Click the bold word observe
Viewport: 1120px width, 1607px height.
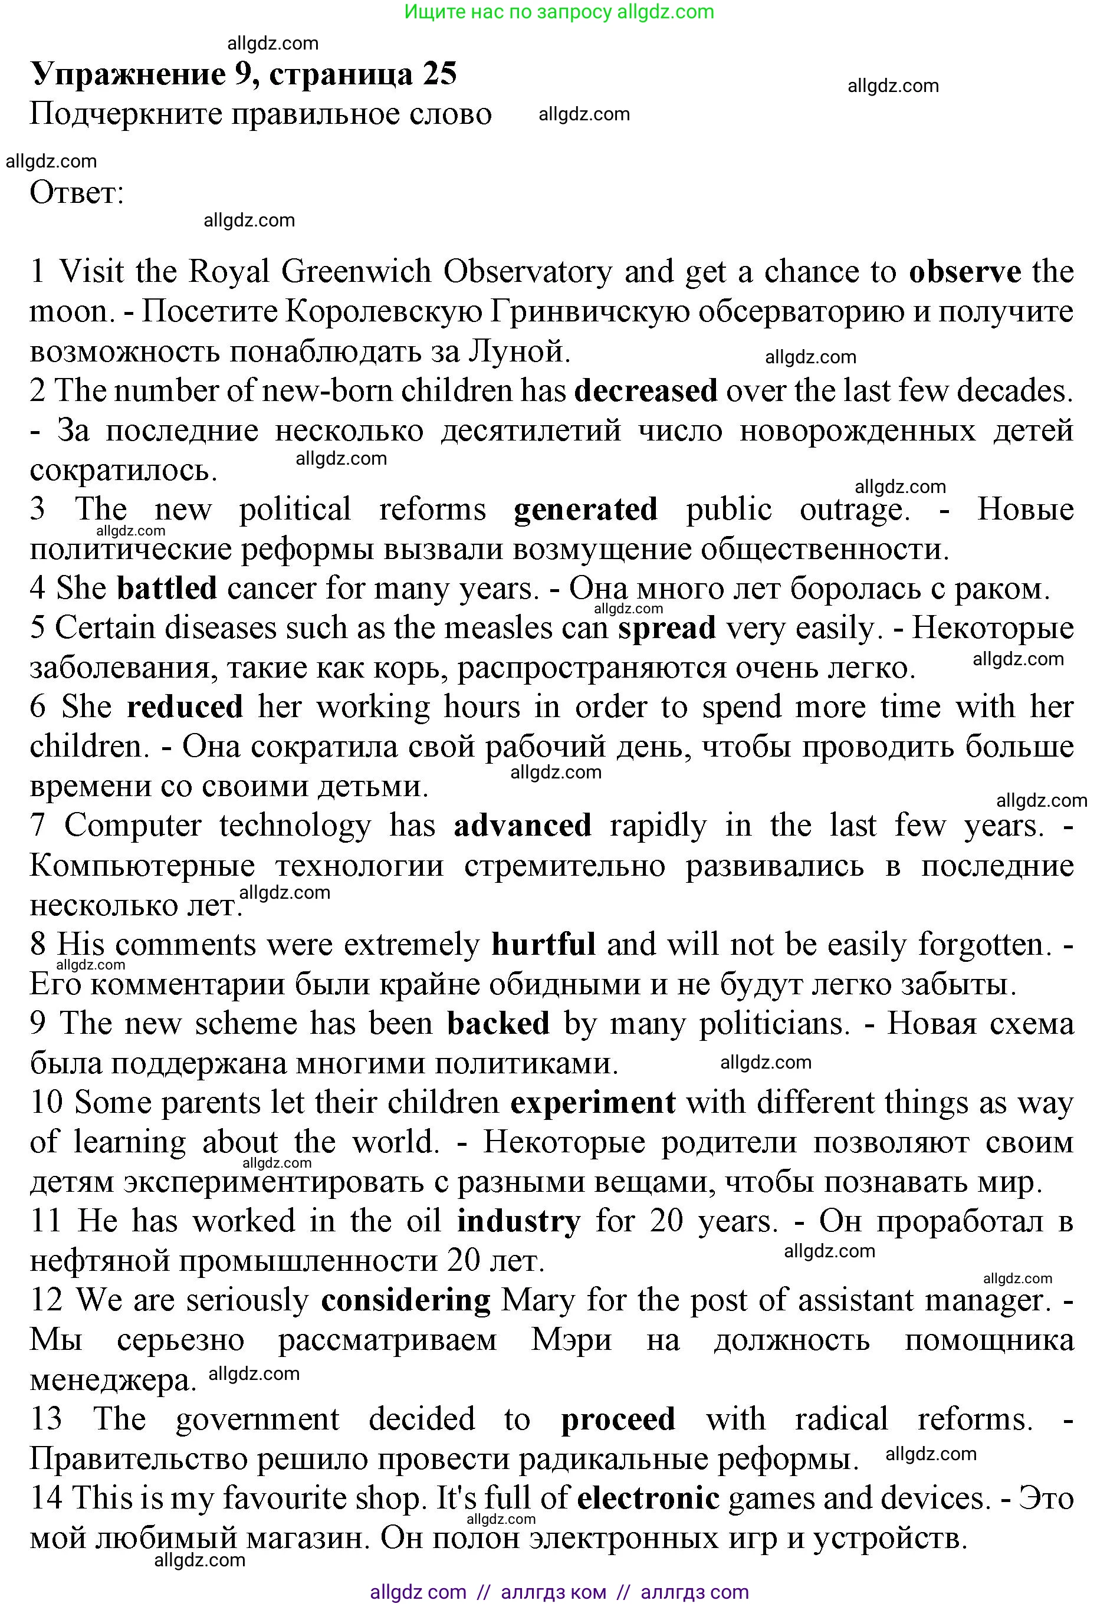tap(965, 272)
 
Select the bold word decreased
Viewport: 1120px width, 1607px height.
tap(645, 391)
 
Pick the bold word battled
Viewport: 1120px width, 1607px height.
tap(166, 589)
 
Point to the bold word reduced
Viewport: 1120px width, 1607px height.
tap(185, 707)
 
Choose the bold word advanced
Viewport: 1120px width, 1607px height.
tap(522, 826)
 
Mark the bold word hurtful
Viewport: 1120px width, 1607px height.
tap(543, 945)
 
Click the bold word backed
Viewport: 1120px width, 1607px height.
tap(498, 1024)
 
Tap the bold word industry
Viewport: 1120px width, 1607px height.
tap(518, 1222)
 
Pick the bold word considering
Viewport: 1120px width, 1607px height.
tap(406, 1301)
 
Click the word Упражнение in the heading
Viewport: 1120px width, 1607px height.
tap(128, 74)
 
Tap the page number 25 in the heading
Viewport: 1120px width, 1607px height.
tap(439, 74)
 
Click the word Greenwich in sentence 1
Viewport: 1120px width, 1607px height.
tap(356, 272)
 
